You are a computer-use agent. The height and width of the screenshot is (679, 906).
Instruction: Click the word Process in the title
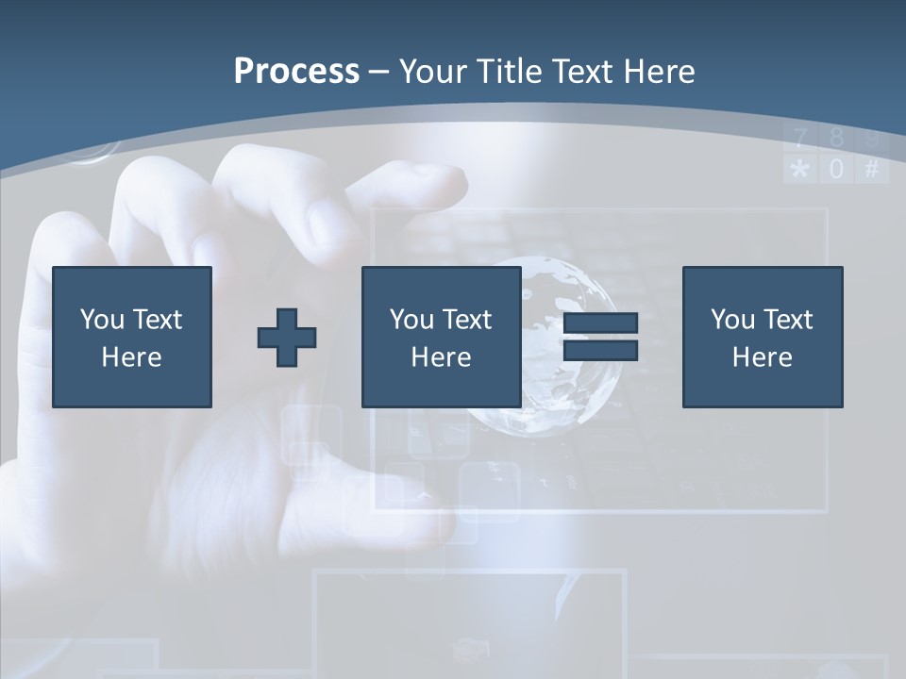pyautogui.click(x=296, y=72)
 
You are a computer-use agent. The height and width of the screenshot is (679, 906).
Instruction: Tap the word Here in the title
pyautogui.click(x=657, y=72)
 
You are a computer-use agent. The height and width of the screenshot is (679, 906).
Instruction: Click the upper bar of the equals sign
pyautogui.click(x=600, y=323)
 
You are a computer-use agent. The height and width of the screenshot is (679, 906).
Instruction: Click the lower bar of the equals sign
pyautogui.click(x=600, y=351)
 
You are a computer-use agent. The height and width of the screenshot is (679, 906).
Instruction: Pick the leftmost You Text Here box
pyautogui.click(x=132, y=337)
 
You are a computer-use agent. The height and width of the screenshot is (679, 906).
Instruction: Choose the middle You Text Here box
pyautogui.click(x=441, y=337)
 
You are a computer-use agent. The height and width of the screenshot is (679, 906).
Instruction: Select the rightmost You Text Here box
pyautogui.click(x=762, y=337)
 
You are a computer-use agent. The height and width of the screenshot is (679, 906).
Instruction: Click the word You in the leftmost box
pyautogui.click(x=102, y=320)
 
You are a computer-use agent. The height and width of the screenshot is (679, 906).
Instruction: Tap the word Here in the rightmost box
pyautogui.click(x=762, y=357)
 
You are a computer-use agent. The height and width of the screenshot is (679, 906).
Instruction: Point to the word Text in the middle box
pyautogui.click(x=467, y=320)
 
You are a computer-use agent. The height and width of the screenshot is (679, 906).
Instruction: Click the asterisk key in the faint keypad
pyautogui.click(x=800, y=170)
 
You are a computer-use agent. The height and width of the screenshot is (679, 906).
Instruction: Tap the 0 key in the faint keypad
pyautogui.click(x=836, y=170)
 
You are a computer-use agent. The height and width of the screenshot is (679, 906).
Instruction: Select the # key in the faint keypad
pyautogui.click(x=871, y=170)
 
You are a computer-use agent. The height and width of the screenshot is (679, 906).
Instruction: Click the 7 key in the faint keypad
pyautogui.click(x=800, y=140)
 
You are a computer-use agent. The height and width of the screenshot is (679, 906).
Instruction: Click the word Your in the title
pyautogui.click(x=436, y=72)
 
